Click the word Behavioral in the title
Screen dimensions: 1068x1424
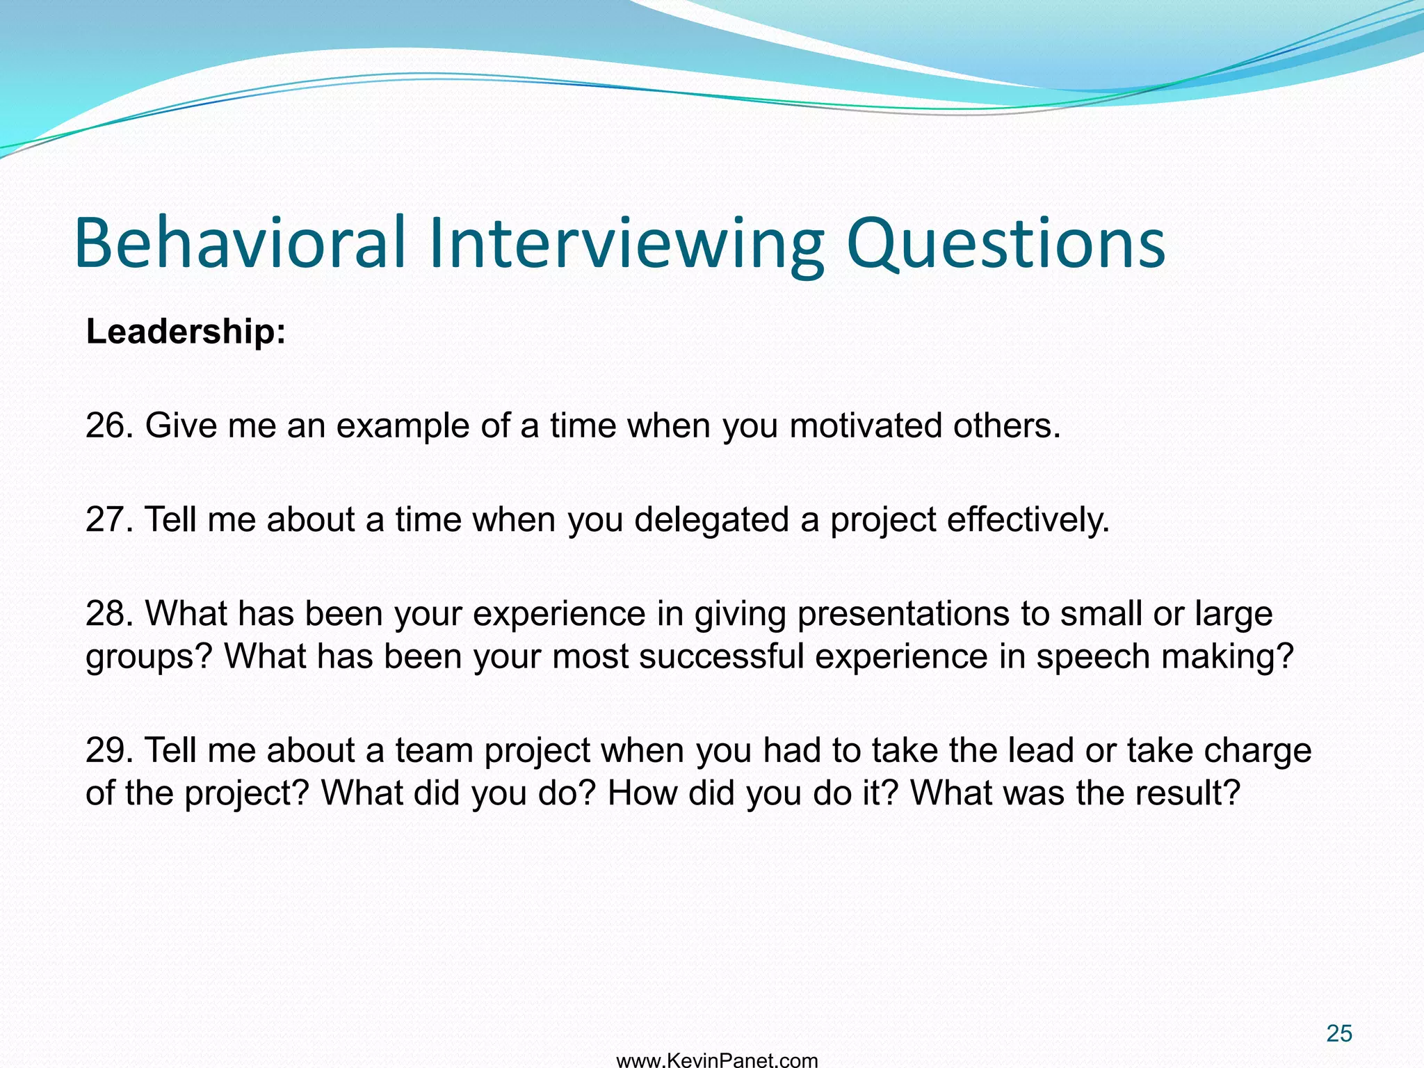pyautogui.click(x=240, y=243)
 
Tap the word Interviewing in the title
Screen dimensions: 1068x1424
pyautogui.click(x=626, y=243)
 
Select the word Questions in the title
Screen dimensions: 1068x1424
pyautogui.click(x=1005, y=243)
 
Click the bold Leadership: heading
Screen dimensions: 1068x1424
pyautogui.click(x=186, y=331)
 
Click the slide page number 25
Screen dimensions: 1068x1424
pyautogui.click(x=1338, y=1033)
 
